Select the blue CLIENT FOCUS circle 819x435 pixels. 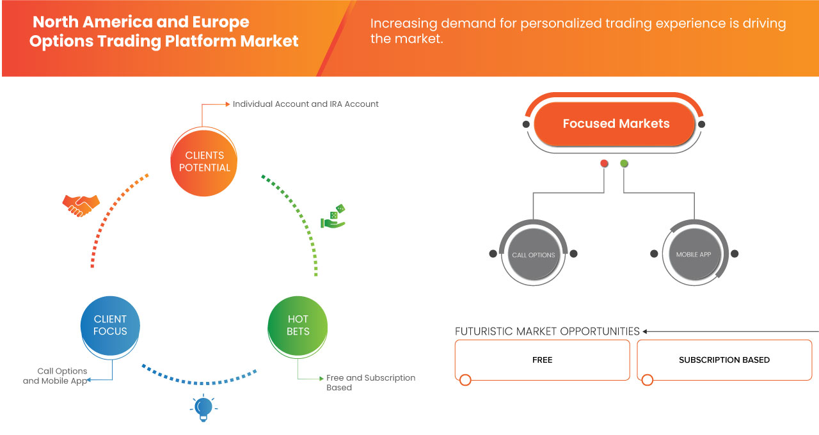coord(110,325)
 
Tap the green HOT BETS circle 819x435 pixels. coord(298,325)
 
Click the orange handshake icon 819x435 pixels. coord(81,205)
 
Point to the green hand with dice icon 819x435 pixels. coord(333,217)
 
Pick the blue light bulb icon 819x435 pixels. coord(203,407)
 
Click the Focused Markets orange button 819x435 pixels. coord(616,123)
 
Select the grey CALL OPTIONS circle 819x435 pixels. coord(534,255)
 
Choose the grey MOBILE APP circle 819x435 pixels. coord(694,254)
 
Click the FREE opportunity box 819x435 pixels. coord(542,360)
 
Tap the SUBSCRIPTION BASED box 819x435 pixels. coord(724,360)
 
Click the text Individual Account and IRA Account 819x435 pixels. coord(305,104)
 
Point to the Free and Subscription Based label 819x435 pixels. coord(370,382)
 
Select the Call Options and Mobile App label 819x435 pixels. coord(55,376)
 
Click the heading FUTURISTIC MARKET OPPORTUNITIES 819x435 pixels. coord(547,331)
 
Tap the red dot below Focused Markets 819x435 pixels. coord(604,164)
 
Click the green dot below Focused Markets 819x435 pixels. coord(624,164)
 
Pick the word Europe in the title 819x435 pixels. coord(221,22)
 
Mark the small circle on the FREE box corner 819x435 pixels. coord(465,380)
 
